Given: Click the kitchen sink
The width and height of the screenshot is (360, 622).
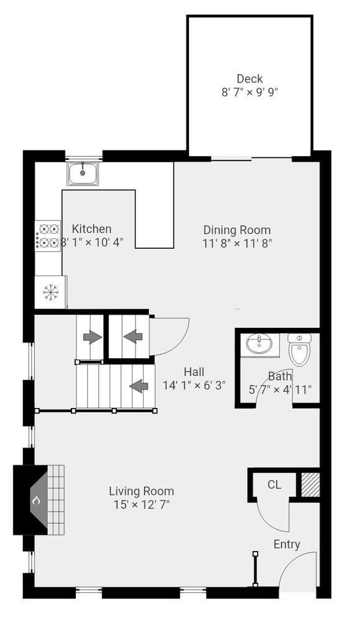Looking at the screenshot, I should (83, 173).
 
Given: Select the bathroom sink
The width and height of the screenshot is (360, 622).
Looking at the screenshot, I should (259, 344).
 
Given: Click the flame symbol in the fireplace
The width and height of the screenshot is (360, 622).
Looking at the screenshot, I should (37, 499).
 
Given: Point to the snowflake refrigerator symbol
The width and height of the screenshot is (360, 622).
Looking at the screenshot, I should (50, 291).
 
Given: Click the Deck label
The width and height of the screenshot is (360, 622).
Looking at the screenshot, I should (249, 79).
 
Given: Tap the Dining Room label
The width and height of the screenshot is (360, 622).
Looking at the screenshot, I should (237, 230).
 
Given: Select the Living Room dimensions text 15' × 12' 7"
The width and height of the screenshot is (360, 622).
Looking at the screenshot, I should (141, 504).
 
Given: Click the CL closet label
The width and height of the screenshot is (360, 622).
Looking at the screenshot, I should (274, 485).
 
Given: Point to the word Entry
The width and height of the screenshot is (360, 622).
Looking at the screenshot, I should (287, 544).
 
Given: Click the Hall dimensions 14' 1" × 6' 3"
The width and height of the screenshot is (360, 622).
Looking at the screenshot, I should (194, 385).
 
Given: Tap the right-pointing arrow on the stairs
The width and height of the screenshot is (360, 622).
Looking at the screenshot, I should (92, 337).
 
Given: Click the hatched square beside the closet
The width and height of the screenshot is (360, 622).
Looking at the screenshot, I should (310, 485).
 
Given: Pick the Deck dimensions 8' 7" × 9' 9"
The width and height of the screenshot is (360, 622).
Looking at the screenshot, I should (249, 92).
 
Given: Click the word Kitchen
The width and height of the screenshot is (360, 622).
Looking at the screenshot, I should (92, 229).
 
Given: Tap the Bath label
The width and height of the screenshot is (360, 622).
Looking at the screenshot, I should (280, 376).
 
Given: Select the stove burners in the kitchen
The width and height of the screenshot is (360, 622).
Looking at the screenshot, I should (48, 236).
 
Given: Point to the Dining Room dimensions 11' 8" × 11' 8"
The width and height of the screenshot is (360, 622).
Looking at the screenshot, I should (237, 243).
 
